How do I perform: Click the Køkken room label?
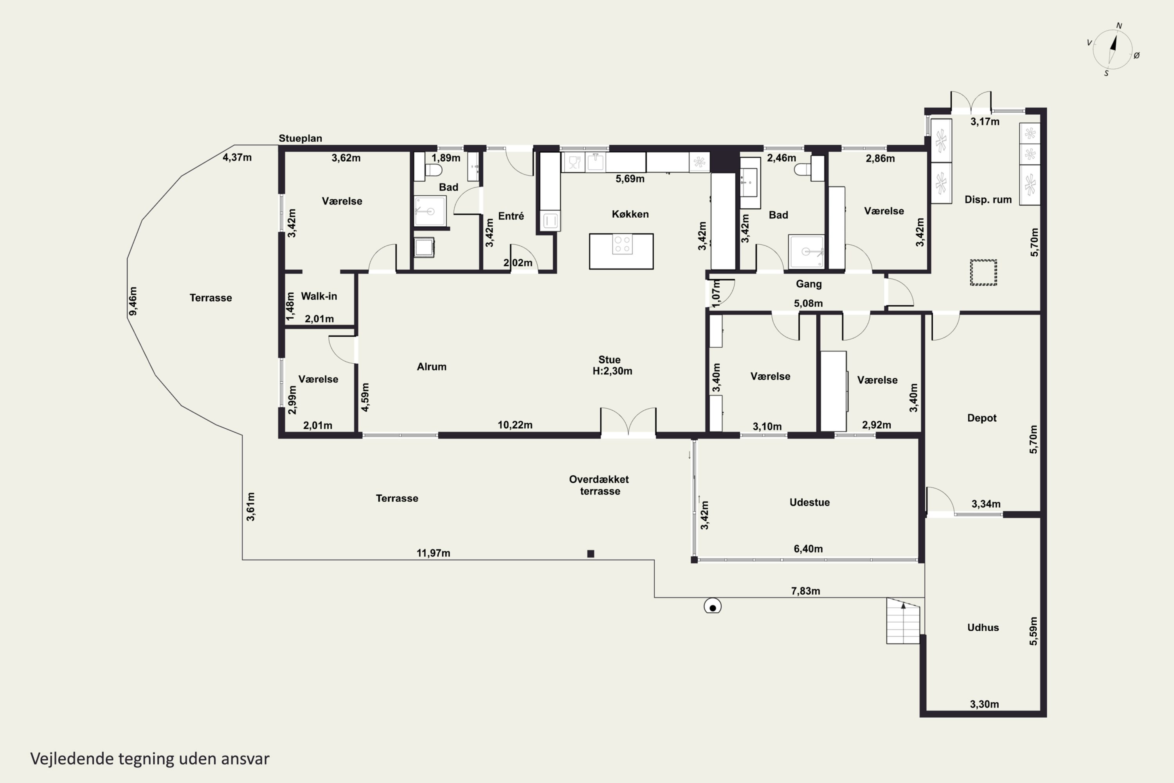click(630, 214)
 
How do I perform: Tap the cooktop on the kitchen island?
click(622, 244)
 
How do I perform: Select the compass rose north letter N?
click(1119, 25)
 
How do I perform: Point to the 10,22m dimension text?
click(515, 425)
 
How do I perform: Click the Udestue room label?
click(810, 502)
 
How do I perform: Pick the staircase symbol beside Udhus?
click(903, 621)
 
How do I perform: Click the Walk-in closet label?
click(319, 296)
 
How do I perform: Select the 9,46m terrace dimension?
click(133, 301)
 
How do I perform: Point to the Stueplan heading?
click(300, 138)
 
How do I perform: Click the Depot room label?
click(982, 418)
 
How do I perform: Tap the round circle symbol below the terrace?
click(712, 606)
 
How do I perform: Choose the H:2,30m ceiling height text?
click(612, 371)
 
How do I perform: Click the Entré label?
click(511, 216)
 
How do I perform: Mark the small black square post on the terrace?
click(591, 553)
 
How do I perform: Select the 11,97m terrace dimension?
click(433, 553)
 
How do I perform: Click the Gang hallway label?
click(808, 284)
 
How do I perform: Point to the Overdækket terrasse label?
click(599, 485)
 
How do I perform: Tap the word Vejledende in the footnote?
click(72, 759)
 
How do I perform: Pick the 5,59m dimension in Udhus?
click(1033, 631)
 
